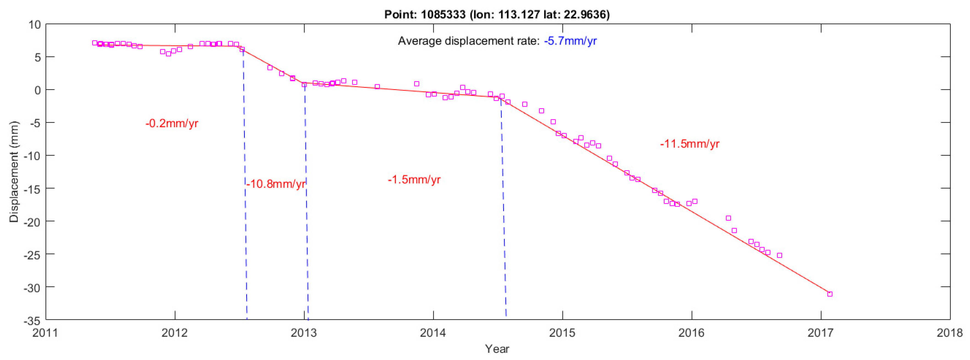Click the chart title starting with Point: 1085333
pyautogui.click(x=497, y=14)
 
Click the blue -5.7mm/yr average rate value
pyautogui.click(x=570, y=41)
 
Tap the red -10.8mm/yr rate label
pyautogui.click(x=276, y=184)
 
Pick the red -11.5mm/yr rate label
pyautogui.click(x=689, y=144)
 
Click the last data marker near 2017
pyautogui.click(x=829, y=294)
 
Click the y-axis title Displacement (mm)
pyautogui.click(x=14, y=171)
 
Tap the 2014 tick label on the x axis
pyautogui.click(x=433, y=332)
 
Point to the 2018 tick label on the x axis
pyautogui.click(x=949, y=332)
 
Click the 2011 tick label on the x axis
pyautogui.click(x=45, y=332)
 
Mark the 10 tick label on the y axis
pyautogui.click(x=34, y=25)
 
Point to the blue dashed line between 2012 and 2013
pyautogui.click(x=245, y=188)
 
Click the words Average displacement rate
pyautogui.click(x=469, y=41)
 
